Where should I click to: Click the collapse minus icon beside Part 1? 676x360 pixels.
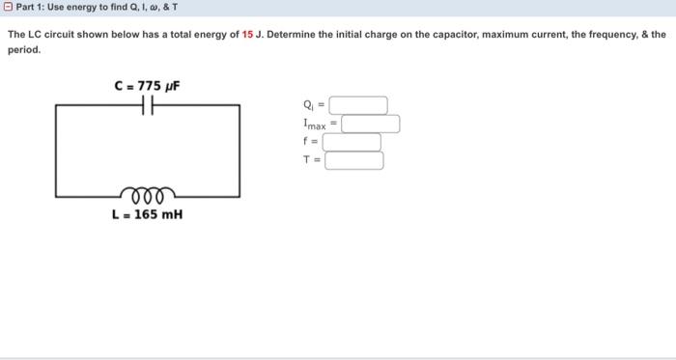pyautogui.click(x=9, y=8)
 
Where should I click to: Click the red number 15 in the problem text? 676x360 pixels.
pyautogui.click(x=247, y=34)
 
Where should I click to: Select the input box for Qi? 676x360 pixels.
pyautogui.click(x=359, y=105)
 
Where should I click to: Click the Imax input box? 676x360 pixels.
pyautogui.click(x=371, y=124)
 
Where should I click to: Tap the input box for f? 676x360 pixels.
pyautogui.click(x=352, y=142)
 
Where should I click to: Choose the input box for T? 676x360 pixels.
pyautogui.click(x=353, y=160)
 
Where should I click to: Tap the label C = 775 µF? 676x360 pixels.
pyautogui.click(x=147, y=86)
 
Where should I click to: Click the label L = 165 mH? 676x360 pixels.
pyautogui.click(x=147, y=214)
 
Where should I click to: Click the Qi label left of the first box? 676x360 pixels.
pyautogui.click(x=308, y=105)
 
